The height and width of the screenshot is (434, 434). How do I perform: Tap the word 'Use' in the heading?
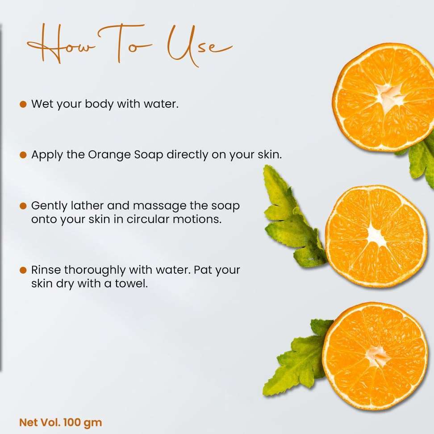coord(199,46)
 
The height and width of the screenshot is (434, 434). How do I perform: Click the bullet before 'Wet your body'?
coord(23,104)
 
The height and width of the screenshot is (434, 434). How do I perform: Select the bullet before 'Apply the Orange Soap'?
coord(23,155)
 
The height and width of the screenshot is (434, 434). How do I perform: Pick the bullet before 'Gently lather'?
coord(23,206)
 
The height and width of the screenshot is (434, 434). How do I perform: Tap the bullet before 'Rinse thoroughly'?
coord(23,270)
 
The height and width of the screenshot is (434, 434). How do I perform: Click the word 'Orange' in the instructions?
coord(109,155)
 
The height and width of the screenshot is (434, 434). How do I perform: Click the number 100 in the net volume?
coord(72,422)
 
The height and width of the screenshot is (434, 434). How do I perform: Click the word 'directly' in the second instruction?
coord(187,155)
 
